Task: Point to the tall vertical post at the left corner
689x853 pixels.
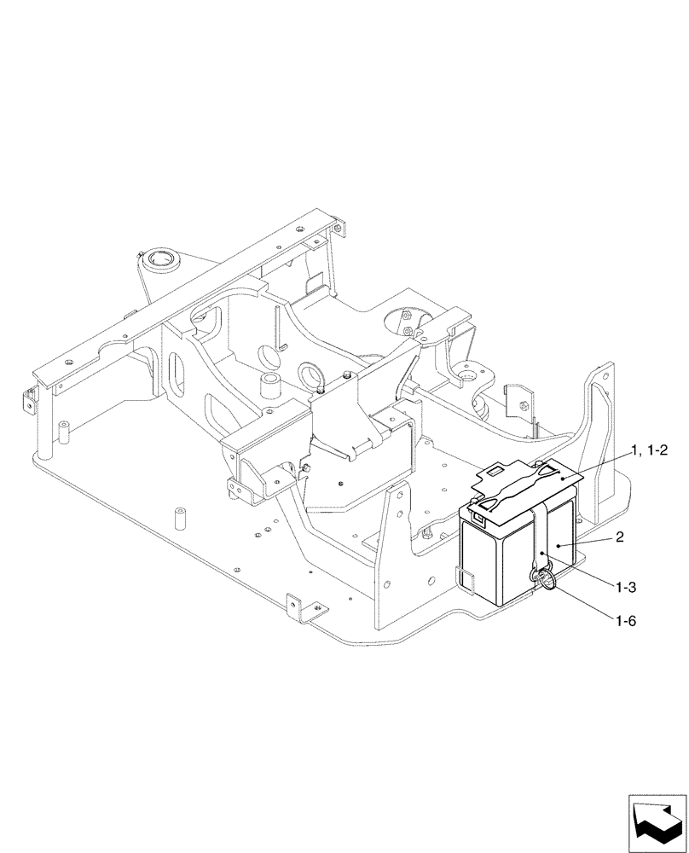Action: pos(63,433)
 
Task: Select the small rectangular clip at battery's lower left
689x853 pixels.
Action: pos(466,577)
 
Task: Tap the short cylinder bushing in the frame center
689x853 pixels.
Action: pos(271,386)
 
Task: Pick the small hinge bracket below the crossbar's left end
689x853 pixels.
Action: pos(30,399)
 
